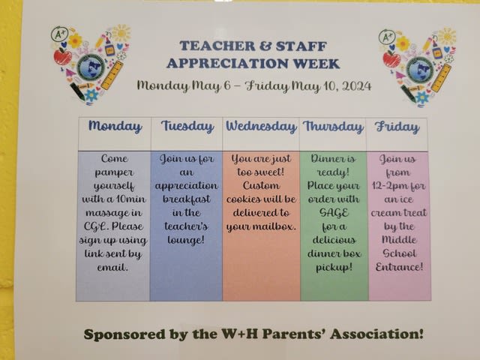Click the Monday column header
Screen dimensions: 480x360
pos(115,127)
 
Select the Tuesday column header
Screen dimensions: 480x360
pos(187,127)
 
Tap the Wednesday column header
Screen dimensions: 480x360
pos(261,127)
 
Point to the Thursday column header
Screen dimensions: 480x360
pos(333,127)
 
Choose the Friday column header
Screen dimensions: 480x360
pos(397,127)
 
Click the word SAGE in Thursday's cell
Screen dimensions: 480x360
pos(334,213)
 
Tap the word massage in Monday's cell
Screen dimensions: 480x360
pos(109,213)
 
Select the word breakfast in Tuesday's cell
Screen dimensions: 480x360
pos(187,199)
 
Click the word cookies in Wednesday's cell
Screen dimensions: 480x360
pos(243,199)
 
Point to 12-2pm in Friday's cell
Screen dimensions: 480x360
pos(387,186)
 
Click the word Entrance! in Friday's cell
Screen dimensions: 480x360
pos(399,267)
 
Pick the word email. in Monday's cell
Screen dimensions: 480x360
pos(112,268)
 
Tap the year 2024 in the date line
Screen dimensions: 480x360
pos(357,86)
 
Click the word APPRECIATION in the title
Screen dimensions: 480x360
pos(227,64)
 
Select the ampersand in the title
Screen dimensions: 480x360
pos(265,46)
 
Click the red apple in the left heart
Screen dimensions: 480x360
pos(63,57)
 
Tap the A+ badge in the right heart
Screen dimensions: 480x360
pos(387,37)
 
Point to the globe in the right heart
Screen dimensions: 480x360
pos(420,69)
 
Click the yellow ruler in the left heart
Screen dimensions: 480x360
pos(112,75)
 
